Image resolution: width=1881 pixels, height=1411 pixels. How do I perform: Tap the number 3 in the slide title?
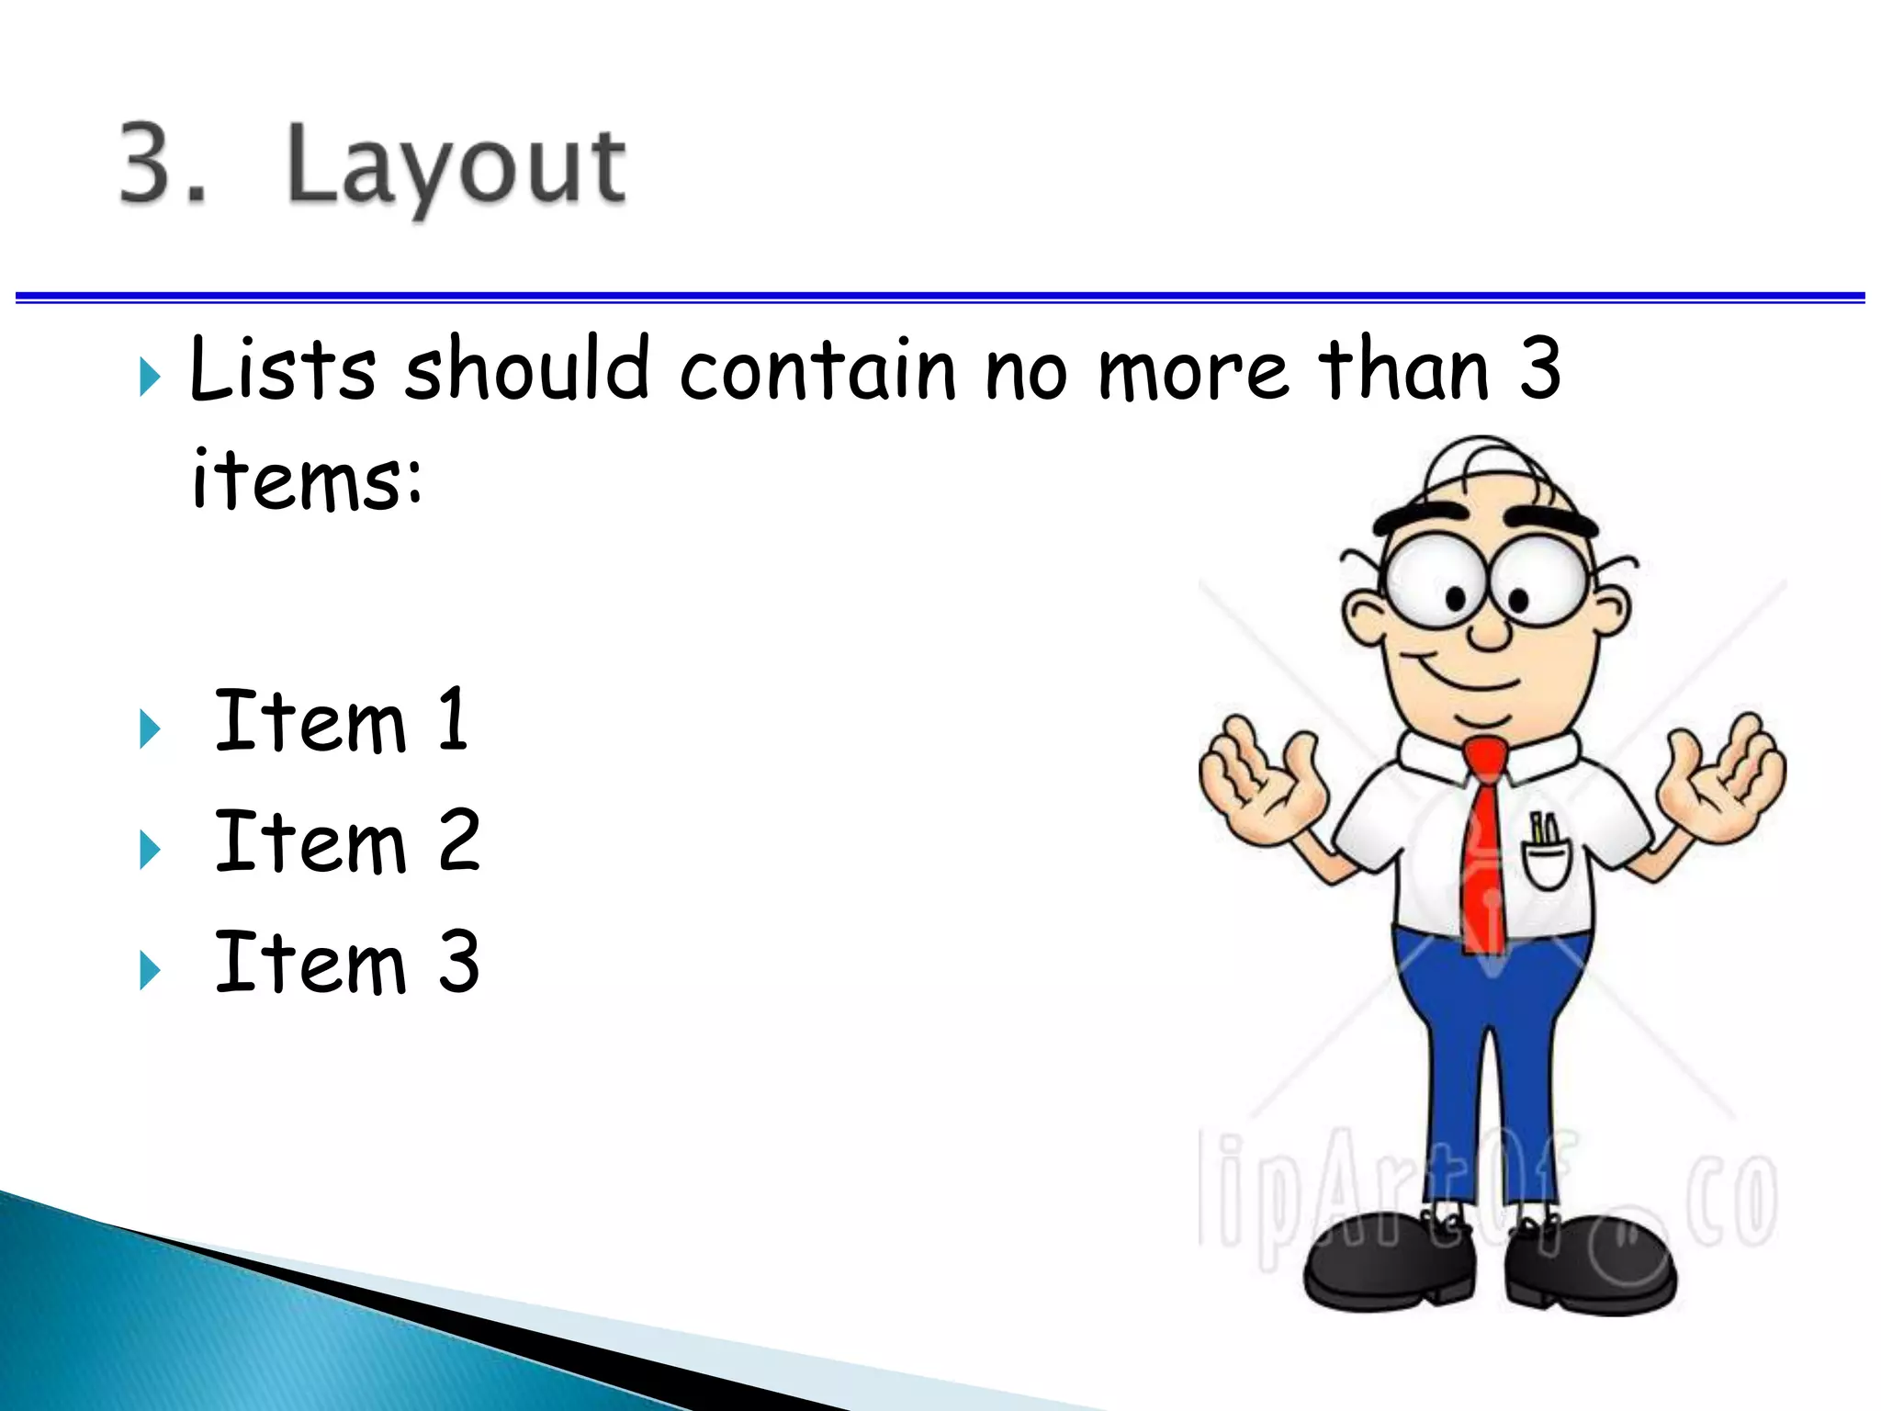[152, 163]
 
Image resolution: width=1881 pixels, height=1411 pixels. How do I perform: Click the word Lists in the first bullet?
[282, 369]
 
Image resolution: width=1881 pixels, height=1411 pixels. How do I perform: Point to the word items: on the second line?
[307, 480]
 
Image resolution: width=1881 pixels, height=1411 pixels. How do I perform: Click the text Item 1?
[341, 721]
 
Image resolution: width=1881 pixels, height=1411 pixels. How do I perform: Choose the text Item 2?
[346, 841]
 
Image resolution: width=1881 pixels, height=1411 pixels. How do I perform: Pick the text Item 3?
[346, 962]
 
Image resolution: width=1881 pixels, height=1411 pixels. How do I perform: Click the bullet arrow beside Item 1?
[150, 729]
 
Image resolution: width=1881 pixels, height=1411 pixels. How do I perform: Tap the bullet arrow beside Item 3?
[150, 970]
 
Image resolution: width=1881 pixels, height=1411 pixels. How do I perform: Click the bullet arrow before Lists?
[150, 378]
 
